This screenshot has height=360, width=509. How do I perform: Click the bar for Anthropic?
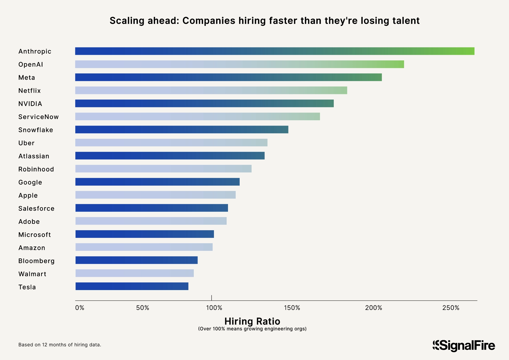click(274, 51)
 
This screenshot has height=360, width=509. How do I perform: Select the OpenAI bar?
click(239, 64)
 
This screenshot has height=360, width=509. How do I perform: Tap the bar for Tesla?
click(132, 286)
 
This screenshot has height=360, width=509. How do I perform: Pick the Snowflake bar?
click(182, 130)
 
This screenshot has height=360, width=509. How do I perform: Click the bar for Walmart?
click(134, 273)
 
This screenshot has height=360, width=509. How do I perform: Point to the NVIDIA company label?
click(30, 104)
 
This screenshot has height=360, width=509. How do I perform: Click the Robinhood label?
click(36, 169)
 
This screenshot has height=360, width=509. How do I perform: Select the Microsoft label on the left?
click(34, 235)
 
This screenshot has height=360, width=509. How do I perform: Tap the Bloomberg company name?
click(36, 261)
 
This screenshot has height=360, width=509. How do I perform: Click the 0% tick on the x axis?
click(80, 308)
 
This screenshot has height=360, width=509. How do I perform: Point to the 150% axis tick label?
click(292, 308)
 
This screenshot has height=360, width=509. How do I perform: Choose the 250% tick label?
click(451, 308)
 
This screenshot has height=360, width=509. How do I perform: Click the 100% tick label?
click(214, 308)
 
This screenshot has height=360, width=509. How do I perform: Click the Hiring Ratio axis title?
click(252, 321)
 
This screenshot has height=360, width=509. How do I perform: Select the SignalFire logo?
click(464, 346)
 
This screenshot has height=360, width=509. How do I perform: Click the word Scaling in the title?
click(127, 21)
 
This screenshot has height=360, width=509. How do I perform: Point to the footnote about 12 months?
click(60, 345)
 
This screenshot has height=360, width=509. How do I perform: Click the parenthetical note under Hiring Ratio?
click(252, 329)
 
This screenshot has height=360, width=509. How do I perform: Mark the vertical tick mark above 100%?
click(212, 298)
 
